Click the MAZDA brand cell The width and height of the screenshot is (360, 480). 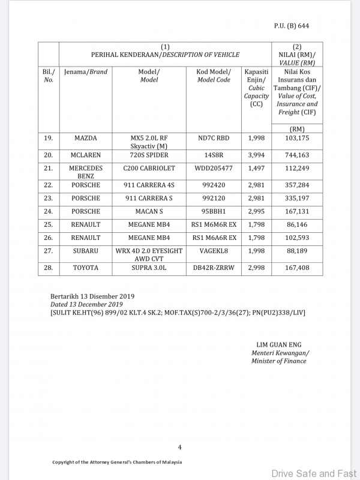coord(86,139)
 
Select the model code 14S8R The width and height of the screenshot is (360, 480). coord(214,155)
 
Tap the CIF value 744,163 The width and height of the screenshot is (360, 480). coord(296,155)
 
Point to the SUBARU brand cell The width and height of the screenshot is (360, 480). coord(86,251)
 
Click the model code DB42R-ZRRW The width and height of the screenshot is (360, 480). coord(214,268)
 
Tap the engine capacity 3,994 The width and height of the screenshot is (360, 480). coord(256,155)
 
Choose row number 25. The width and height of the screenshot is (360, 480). coord(49,224)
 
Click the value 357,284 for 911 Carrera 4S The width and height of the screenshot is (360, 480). coord(296,185)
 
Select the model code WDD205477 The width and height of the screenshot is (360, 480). coord(214,169)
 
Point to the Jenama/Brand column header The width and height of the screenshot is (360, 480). coord(86,72)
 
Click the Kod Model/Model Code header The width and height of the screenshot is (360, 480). coord(214,76)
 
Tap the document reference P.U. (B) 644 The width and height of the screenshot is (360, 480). coord(291,26)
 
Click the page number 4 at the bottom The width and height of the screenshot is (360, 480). coord(179,447)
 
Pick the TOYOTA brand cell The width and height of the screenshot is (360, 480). coord(86,268)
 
